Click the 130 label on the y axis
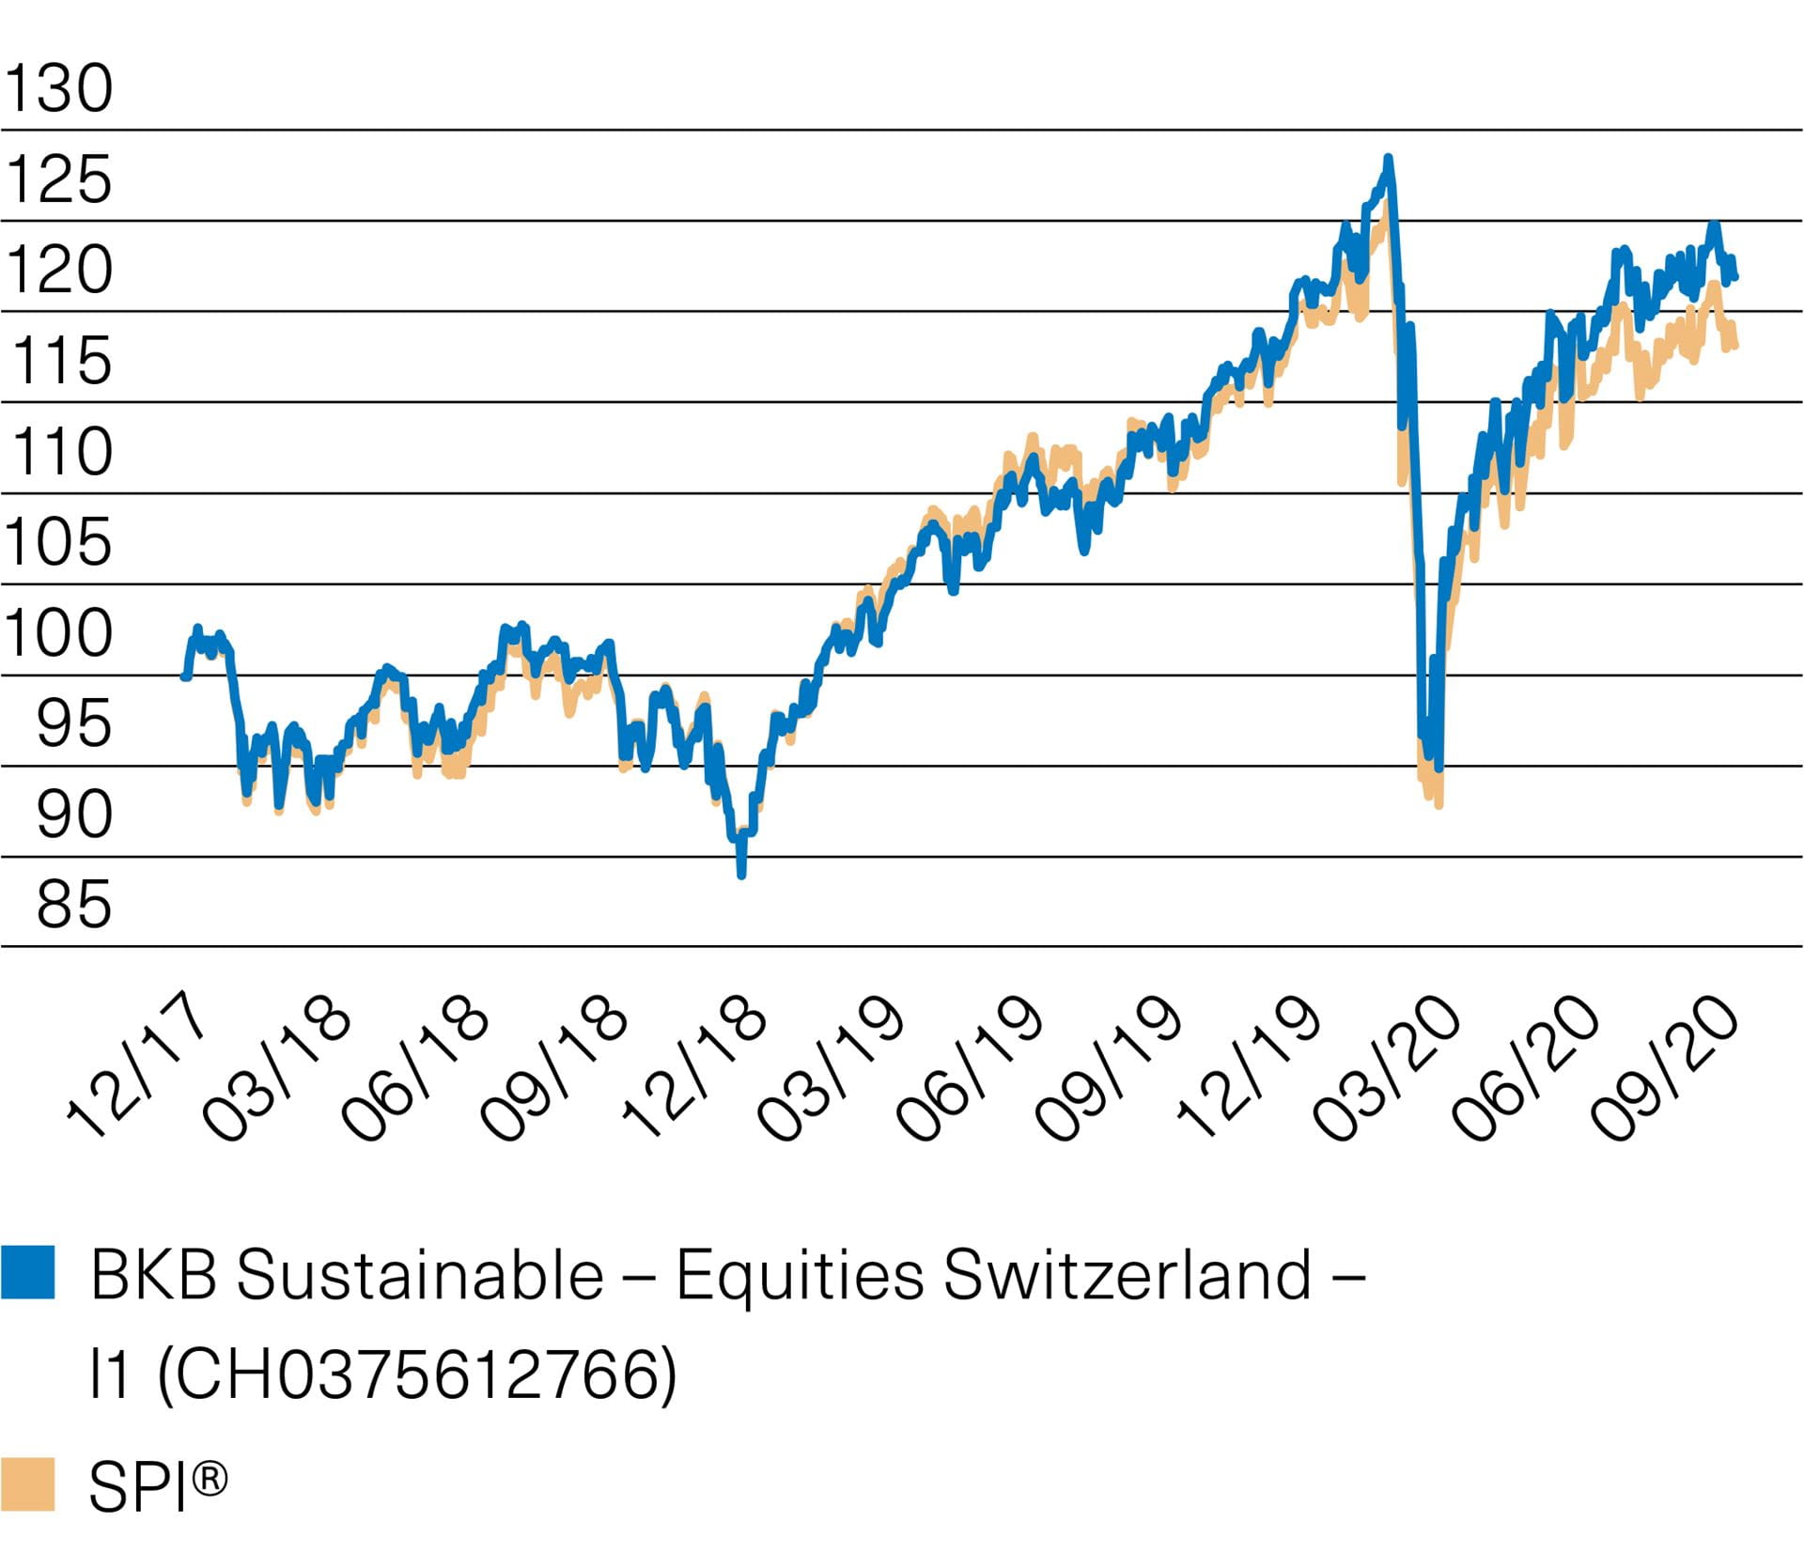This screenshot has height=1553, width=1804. (x=58, y=89)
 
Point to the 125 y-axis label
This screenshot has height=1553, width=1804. (x=58, y=179)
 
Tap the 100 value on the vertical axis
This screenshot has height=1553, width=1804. (x=58, y=634)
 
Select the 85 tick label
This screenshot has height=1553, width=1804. (x=73, y=905)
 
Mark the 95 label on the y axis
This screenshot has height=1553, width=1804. (x=73, y=723)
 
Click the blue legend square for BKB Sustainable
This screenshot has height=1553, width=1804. (x=28, y=1272)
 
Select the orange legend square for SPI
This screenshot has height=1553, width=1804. (x=28, y=1483)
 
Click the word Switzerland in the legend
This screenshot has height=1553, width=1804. (x=1127, y=1276)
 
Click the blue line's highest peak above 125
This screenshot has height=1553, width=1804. (x=1388, y=159)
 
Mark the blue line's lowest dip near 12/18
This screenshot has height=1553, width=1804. (x=741, y=874)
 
